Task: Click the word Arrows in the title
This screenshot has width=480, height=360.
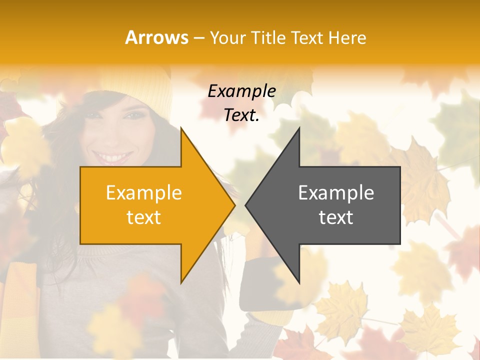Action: pyautogui.click(x=156, y=37)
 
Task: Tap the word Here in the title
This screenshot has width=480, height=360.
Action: pyautogui.click(x=347, y=37)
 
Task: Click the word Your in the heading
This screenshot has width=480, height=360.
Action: pyautogui.click(x=228, y=37)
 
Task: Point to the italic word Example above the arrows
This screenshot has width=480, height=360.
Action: pyautogui.click(x=241, y=91)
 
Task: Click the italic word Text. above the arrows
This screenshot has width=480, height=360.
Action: pyautogui.click(x=241, y=115)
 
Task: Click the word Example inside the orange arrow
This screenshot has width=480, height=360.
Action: pyautogui.click(x=144, y=193)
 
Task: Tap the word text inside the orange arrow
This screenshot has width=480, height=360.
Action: pyautogui.click(x=144, y=217)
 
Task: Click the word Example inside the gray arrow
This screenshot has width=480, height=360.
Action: pyautogui.click(x=336, y=193)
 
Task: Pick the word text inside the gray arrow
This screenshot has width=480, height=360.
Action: pyautogui.click(x=336, y=217)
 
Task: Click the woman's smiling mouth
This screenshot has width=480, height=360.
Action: pyautogui.click(x=113, y=157)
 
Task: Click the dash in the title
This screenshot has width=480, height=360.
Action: pyautogui.click(x=198, y=38)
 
